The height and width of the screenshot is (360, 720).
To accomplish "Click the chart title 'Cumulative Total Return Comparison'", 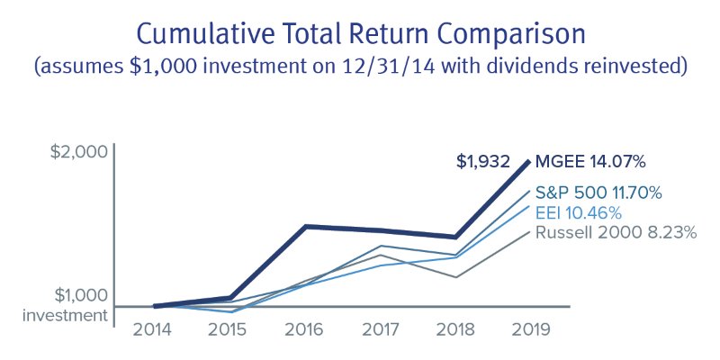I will point(359,33).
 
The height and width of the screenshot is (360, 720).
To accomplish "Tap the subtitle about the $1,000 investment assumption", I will point(359,67).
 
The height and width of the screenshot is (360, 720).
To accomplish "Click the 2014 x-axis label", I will point(153,328).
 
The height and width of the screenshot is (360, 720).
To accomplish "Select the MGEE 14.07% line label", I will point(591,162).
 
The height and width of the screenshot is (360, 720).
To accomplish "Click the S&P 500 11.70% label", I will point(598,192).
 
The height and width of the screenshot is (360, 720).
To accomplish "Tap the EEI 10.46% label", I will point(578,212).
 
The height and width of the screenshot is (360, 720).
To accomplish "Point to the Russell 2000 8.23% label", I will point(615,232).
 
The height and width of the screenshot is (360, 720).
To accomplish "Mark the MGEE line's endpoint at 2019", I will point(529,161).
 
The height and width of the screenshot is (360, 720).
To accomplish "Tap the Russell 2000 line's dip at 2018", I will point(457,277).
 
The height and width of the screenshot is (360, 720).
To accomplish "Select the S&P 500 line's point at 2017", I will point(382,246).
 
